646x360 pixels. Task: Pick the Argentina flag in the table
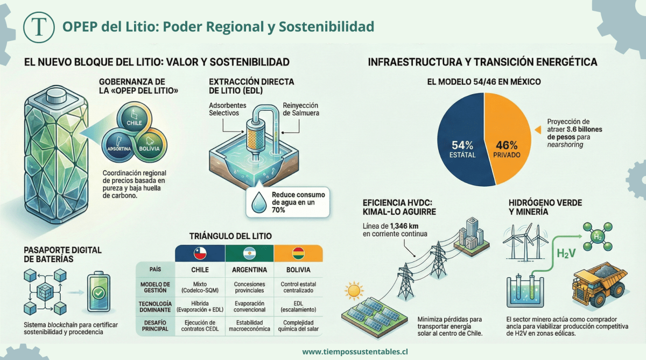[249, 252]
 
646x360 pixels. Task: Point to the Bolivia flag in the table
[298, 252]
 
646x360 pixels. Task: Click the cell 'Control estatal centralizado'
[298, 288]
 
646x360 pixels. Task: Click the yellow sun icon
[354, 291]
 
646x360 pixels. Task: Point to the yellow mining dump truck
[598, 282]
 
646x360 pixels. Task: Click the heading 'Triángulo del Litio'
[230, 236]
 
